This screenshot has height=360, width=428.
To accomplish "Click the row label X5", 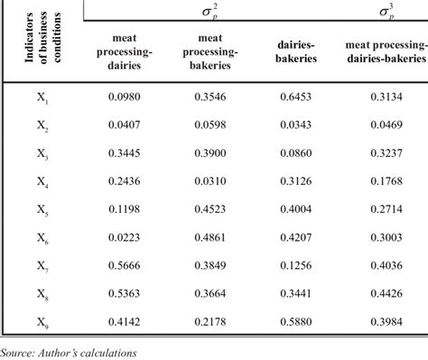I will point(42,213).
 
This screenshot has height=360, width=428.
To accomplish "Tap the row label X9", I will point(42,323).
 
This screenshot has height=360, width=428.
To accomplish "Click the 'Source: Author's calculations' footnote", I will point(69,353).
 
